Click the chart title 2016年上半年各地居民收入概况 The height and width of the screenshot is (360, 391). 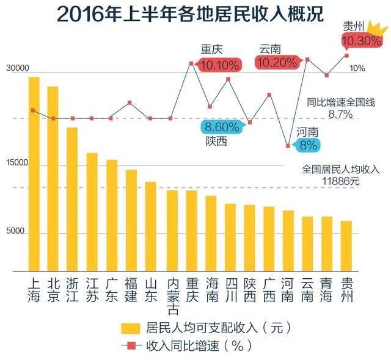click(x=191, y=15)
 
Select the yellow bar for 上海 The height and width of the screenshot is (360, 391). click(x=34, y=174)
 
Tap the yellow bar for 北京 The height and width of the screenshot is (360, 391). click(x=53, y=178)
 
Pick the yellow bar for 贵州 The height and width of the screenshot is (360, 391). click(x=346, y=245)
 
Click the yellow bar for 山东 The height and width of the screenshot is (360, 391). click(x=150, y=226)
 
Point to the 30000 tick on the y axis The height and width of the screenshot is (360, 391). click(x=18, y=70)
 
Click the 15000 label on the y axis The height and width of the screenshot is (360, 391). click(x=18, y=163)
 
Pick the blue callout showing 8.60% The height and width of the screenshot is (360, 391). click(x=222, y=127)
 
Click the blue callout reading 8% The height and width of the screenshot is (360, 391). click(x=308, y=145)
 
